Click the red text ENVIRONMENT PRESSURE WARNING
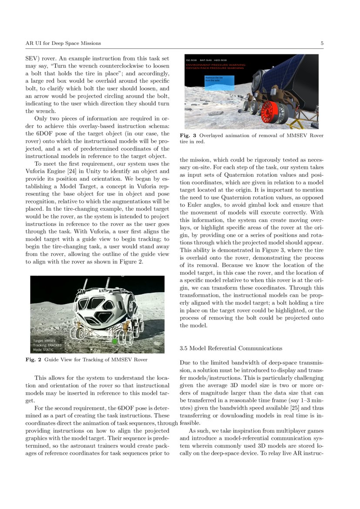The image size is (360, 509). pyautogui.click(x=215, y=64)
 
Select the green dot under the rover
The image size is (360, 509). pyautogui.click(x=114, y=341)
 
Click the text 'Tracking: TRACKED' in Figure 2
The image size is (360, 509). pyautogui.click(x=47, y=345)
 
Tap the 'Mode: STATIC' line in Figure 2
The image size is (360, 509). pyautogui.click(x=43, y=349)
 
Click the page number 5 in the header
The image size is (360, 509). pyautogui.click(x=322, y=43)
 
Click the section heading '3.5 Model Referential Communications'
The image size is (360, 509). pyautogui.click(x=231, y=348)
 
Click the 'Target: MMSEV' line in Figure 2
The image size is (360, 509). pyautogui.click(x=44, y=340)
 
